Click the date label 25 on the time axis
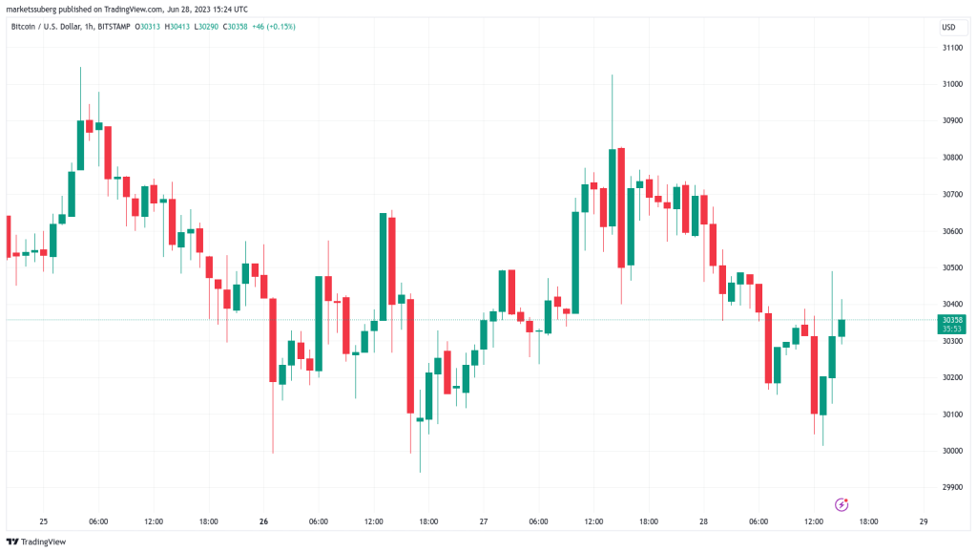[43, 521]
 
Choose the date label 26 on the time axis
[263, 521]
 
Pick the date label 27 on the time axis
[483, 521]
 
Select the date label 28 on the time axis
[703, 521]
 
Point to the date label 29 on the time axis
[923, 521]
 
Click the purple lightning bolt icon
[842, 503]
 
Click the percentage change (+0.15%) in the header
[281, 27]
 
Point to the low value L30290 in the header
[208, 27]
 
